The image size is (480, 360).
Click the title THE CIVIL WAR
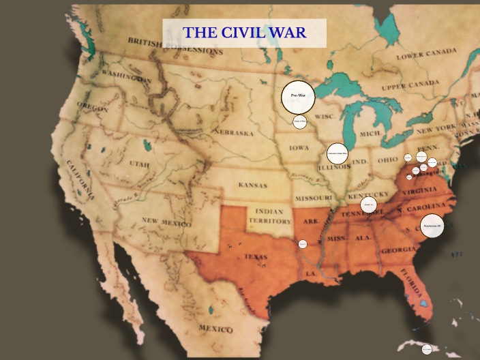coord(244,33)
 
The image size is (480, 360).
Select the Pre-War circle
coord(298,97)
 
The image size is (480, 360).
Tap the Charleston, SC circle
coord(432,226)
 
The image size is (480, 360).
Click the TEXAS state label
coord(256,257)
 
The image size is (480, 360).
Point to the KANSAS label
coord(253,185)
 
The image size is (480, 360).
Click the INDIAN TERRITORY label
coord(269,216)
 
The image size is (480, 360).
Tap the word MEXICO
coord(216,329)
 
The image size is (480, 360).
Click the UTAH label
coord(138,164)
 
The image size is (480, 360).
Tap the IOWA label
coord(299,147)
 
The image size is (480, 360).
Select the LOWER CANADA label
coord(427,54)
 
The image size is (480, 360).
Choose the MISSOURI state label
coord(313,198)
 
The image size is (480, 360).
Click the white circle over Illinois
coord(337,154)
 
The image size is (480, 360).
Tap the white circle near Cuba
coord(427,349)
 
